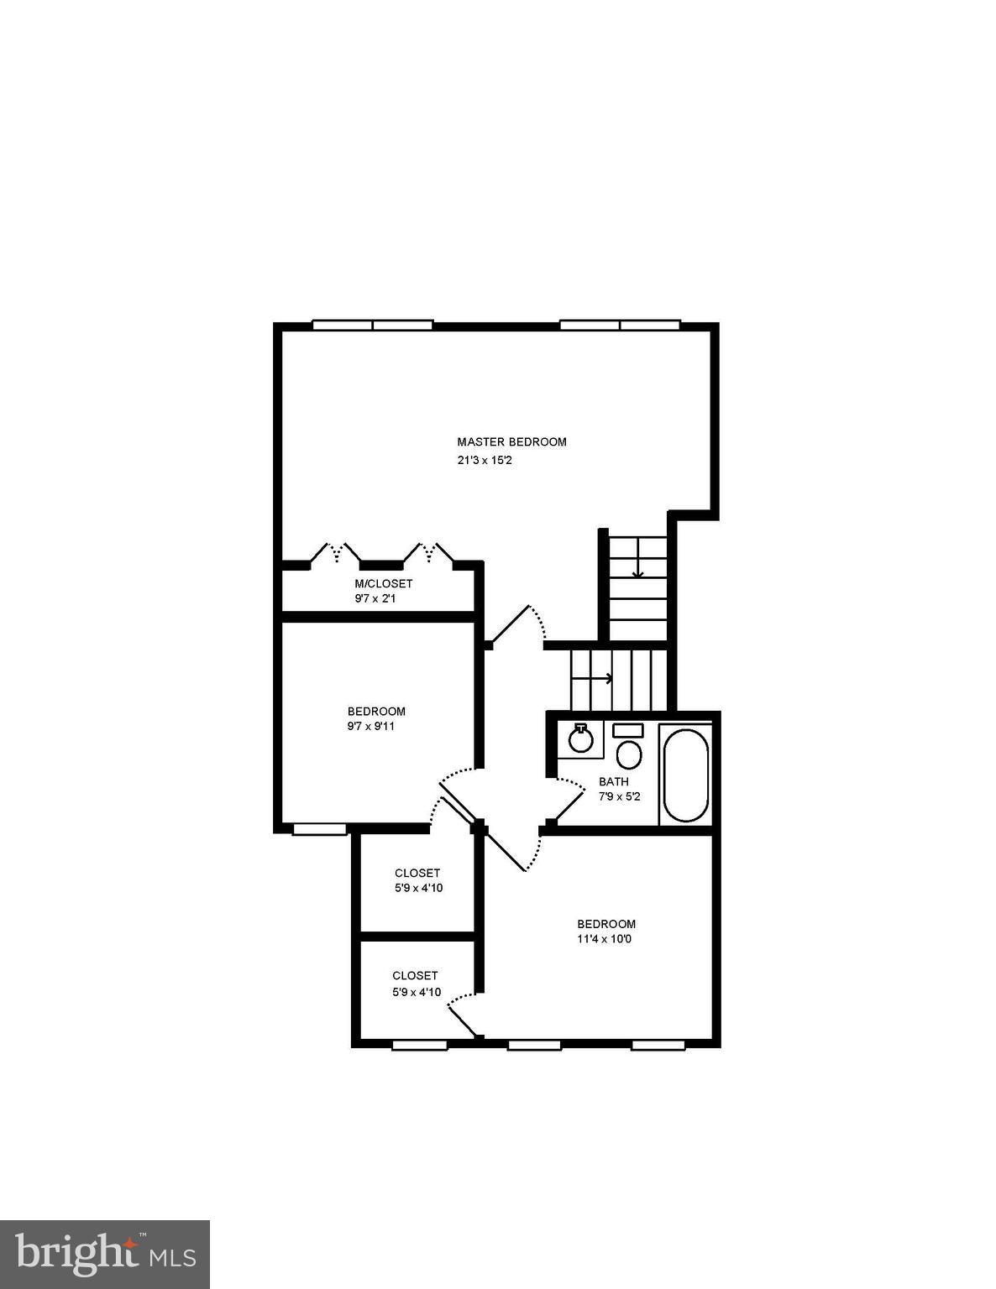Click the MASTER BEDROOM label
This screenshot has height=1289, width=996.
point(511,441)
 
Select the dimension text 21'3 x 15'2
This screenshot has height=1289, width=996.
point(485,461)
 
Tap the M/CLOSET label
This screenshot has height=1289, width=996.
point(383,583)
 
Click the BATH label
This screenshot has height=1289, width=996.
point(613,781)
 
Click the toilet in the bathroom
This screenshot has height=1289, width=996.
point(628,749)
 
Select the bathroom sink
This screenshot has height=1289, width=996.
point(579,738)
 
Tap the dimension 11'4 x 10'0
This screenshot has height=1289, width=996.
point(604,939)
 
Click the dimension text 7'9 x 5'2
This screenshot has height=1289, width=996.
point(619,796)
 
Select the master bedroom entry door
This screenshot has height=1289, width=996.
point(514,625)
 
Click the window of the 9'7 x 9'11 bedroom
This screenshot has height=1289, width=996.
point(319,830)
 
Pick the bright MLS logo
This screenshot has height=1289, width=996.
point(104,1254)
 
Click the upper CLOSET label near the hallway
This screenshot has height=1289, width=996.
point(417,873)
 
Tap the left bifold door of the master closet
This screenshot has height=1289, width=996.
point(335,553)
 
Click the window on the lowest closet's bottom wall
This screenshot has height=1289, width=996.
point(419,1045)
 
